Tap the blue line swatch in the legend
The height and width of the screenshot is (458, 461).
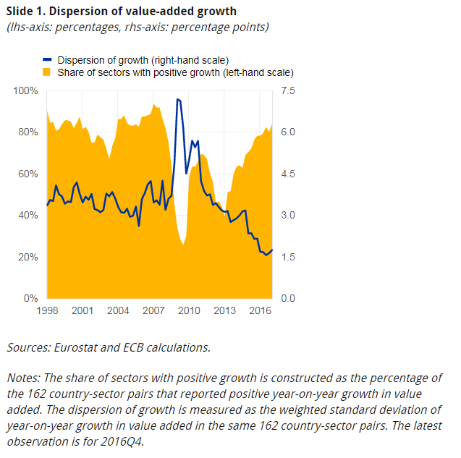(x=47, y=59)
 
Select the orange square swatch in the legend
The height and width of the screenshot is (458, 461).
(x=47, y=72)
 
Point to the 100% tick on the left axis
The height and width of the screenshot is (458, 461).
(x=26, y=90)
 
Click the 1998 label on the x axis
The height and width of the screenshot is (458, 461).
(x=47, y=310)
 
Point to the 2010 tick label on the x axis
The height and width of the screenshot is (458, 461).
(x=189, y=310)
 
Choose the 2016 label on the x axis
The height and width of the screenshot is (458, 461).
(x=260, y=310)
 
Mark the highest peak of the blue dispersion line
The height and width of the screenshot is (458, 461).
(x=178, y=99)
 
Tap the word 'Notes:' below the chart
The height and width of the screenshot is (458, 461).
(x=25, y=378)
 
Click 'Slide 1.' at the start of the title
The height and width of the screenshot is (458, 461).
(x=27, y=12)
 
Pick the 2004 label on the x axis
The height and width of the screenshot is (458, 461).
(x=118, y=310)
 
